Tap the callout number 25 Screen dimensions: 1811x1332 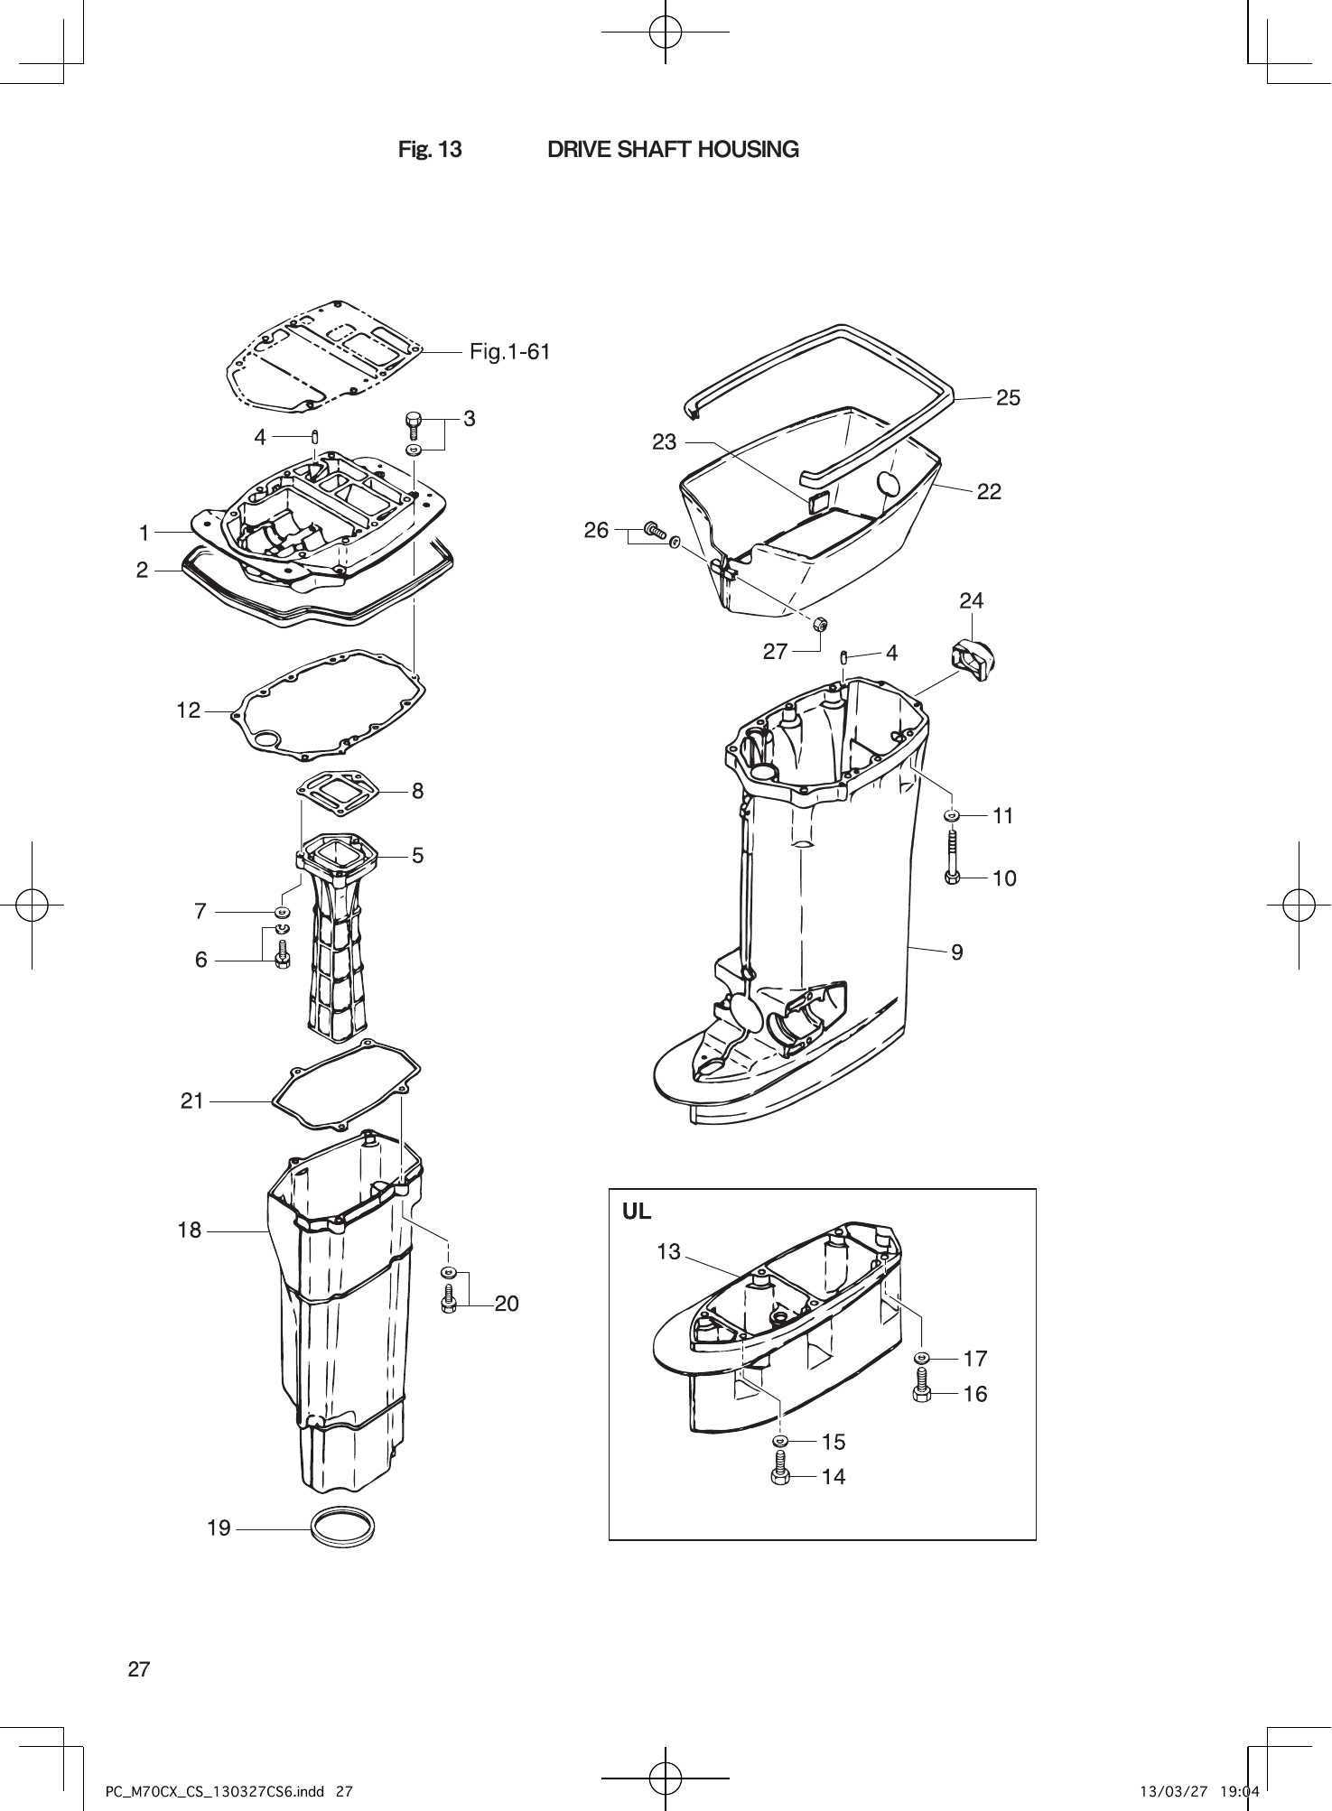[1008, 398]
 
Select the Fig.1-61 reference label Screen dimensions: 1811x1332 [509, 352]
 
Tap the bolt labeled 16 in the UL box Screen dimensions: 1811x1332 [922, 1386]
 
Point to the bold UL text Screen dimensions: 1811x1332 [637, 1212]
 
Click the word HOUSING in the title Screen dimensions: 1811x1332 [743, 150]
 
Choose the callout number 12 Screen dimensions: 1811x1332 [188, 711]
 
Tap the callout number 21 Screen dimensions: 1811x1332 [192, 1101]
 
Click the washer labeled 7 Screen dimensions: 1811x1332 [282, 912]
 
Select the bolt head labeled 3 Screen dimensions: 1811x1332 [414, 421]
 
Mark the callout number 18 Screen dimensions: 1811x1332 [190, 1231]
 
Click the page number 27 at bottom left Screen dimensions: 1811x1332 [139, 1669]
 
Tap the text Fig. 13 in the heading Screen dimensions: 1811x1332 [430, 150]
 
